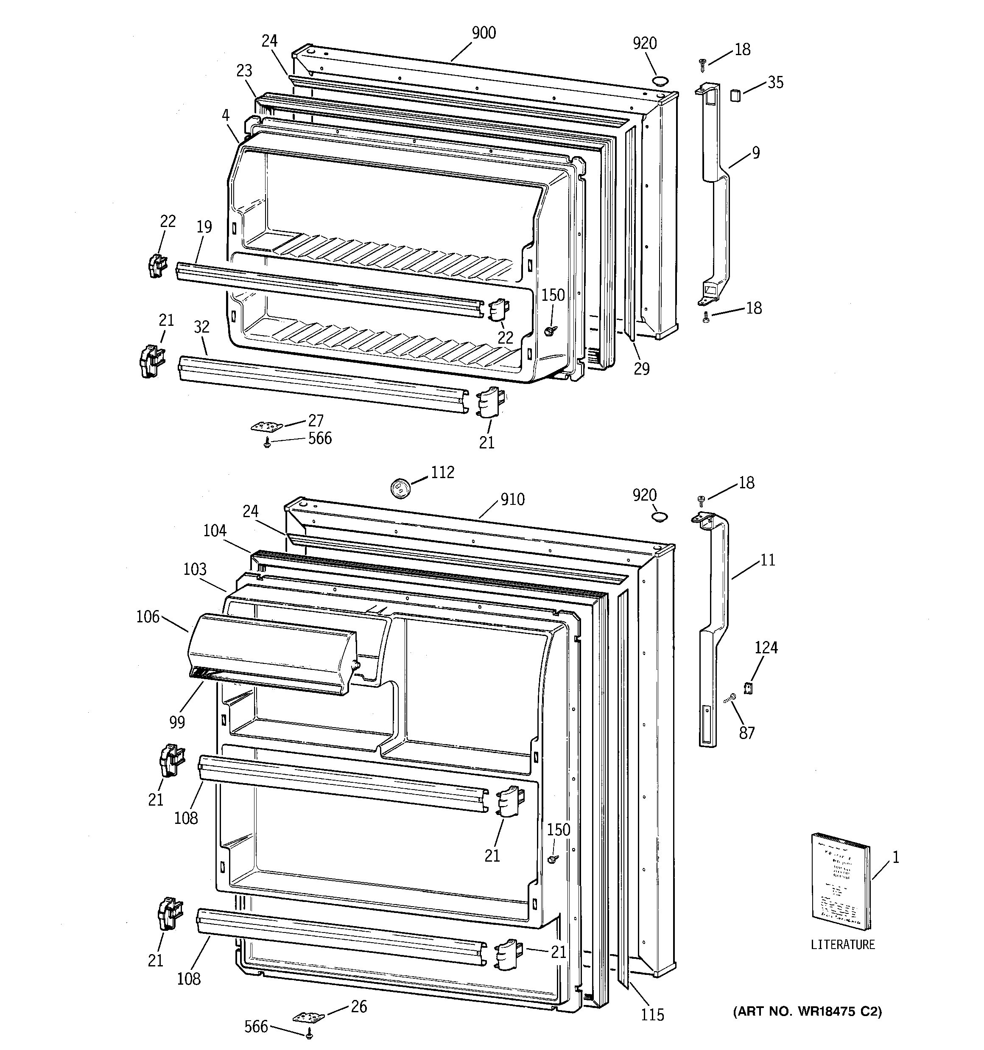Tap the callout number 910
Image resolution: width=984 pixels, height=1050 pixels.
[x=512, y=499]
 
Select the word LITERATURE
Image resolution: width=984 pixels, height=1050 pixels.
[x=842, y=944]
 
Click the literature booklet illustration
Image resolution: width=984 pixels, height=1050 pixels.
[x=840, y=888]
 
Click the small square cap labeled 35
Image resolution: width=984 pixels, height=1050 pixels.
[x=735, y=95]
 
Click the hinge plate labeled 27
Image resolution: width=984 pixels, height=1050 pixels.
[x=267, y=425]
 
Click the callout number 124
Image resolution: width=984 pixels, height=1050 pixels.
[x=766, y=647]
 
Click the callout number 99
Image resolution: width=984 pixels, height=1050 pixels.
[x=177, y=722]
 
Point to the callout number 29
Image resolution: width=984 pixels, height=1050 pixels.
[x=641, y=368]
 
